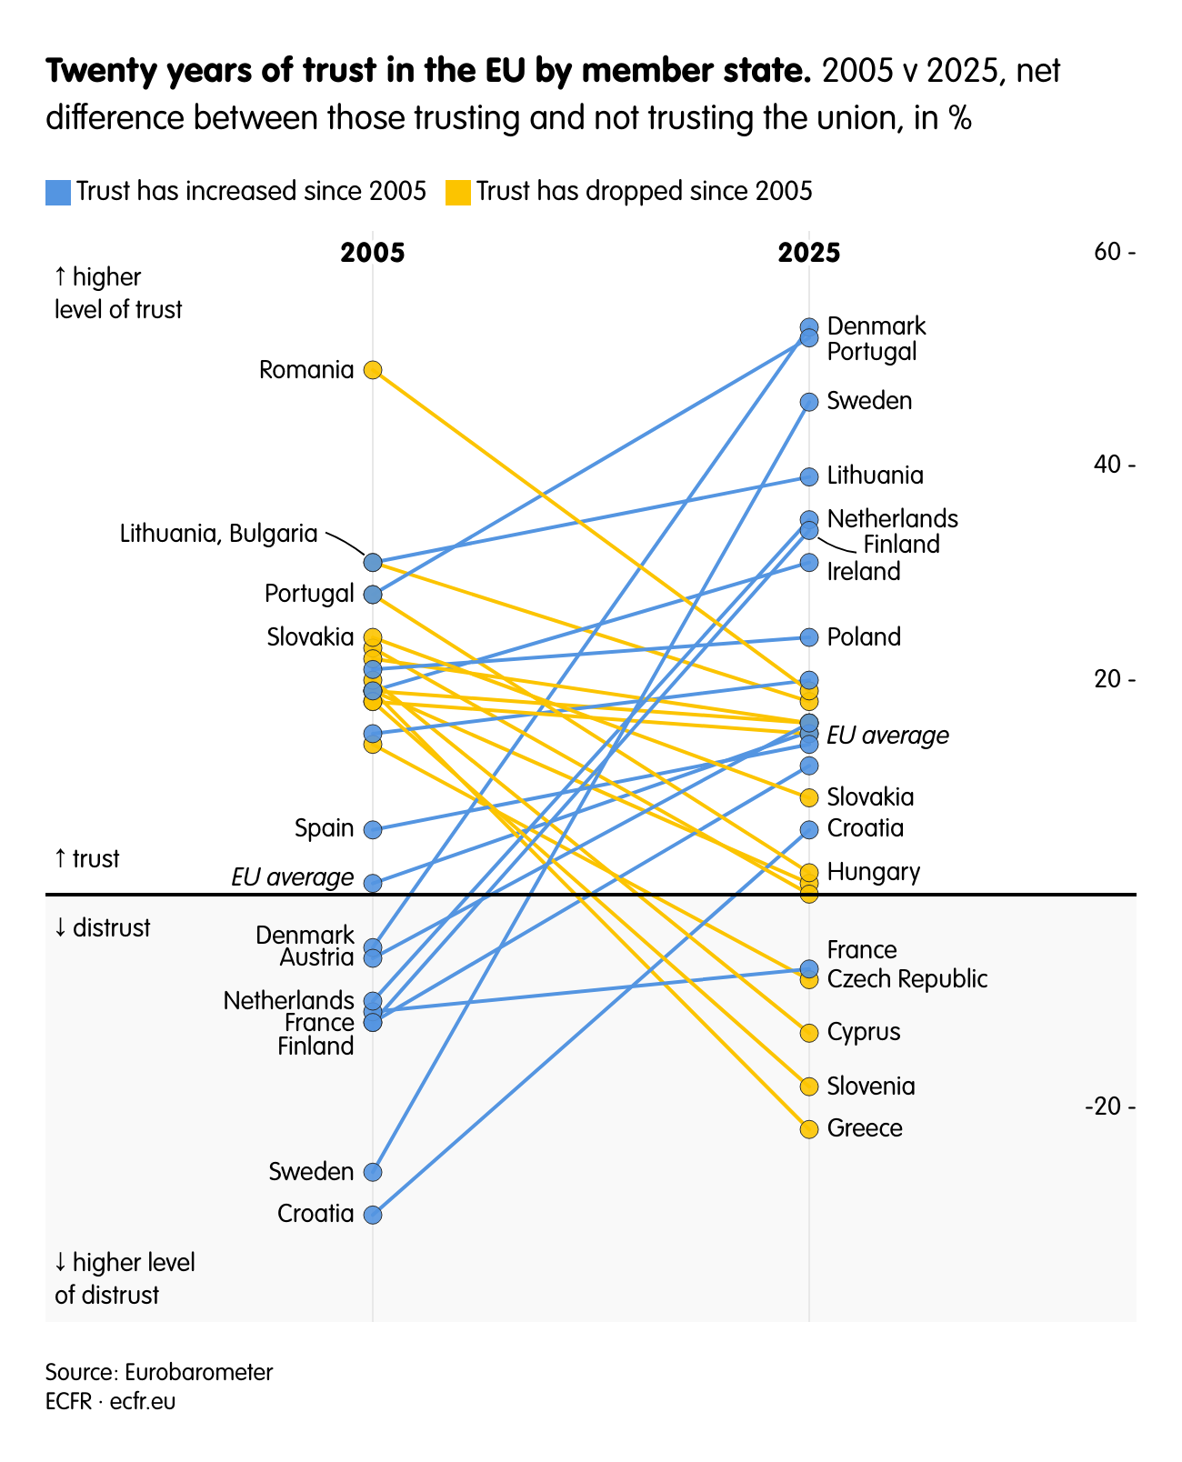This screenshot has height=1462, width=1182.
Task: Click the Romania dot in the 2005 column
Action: pyautogui.click(x=373, y=369)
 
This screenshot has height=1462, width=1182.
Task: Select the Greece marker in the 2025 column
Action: pyautogui.click(x=809, y=1129)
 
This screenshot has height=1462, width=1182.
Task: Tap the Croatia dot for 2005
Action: pyautogui.click(x=373, y=1215)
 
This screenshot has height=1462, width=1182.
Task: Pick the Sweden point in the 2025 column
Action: pyautogui.click(x=809, y=402)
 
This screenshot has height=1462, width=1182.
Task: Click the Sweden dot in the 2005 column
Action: pyautogui.click(x=373, y=1172)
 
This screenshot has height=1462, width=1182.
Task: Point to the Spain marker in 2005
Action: pyautogui.click(x=373, y=829)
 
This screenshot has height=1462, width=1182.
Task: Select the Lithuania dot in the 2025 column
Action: pyautogui.click(x=809, y=476)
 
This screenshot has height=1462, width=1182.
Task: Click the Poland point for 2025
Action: pyautogui.click(x=809, y=637)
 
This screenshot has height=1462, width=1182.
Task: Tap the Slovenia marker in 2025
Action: pyautogui.click(x=809, y=1086)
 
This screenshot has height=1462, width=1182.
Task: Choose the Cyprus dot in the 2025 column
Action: pyautogui.click(x=809, y=1033)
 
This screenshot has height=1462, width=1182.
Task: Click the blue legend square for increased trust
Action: pyautogui.click(x=58, y=192)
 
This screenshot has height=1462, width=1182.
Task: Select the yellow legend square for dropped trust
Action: pyautogui.click(x=458, y=192)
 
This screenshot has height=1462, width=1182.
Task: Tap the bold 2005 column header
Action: pyautogui.click(x=373, y=253)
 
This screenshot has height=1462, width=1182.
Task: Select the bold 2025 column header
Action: pyautogui.click(x=809, y=253)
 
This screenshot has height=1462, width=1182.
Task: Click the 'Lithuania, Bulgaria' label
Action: pyautogui.click(x=219, y=534)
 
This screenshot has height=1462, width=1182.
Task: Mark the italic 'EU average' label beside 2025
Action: pyautogui.click(x=887, y=736)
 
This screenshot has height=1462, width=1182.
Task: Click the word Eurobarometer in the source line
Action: pyautogui.click(x=198, y=1372)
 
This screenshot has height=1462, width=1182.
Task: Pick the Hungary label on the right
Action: pyautogui.click(x=874, y=873)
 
